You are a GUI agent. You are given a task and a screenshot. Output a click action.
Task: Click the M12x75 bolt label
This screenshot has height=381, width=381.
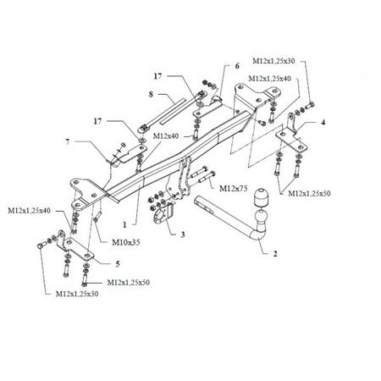click(233, 188)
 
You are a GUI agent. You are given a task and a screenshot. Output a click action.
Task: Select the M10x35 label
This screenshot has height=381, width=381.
click(126, 242)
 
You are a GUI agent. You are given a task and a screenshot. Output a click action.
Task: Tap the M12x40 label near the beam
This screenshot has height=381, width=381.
click(166, 136)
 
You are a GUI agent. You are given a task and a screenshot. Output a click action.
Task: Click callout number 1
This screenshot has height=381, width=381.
click(124, 224)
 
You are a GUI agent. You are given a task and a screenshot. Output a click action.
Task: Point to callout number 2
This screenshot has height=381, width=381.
click(275, 253)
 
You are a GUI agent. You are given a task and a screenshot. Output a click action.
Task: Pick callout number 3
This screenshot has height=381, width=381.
click(183, 235)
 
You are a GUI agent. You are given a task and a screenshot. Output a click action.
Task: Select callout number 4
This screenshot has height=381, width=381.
click(323, 123)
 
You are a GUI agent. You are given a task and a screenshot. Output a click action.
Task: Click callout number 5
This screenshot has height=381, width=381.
click(118, 264)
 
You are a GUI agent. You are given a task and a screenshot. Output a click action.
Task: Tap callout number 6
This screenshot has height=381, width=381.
click(237, 66)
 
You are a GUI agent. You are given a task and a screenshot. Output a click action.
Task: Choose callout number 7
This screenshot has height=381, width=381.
click(67, 142)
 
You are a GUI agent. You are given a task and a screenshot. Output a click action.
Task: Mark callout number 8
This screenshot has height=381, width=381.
click(151, 94)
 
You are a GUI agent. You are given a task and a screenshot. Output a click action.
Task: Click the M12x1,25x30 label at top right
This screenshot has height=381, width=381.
click(273, 61)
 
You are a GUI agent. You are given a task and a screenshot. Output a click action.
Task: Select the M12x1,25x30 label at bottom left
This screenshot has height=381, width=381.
click(77, 294)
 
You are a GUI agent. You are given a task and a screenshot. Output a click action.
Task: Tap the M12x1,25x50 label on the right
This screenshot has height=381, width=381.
click(309, 194)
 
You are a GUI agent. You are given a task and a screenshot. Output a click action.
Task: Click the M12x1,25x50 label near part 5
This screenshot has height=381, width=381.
click(128, 282)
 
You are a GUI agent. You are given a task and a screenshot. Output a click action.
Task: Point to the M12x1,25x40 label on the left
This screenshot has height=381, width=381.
click(29, 211)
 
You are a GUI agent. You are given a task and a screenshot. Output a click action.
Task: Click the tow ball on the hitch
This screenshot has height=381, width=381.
click(261, 218)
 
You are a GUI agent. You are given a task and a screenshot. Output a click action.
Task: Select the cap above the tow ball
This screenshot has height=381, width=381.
click(261, 197)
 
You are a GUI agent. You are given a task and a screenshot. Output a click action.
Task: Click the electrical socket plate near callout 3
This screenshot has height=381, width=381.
click(163, 213)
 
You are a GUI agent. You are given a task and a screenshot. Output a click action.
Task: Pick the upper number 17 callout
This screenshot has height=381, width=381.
click(157, 76)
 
